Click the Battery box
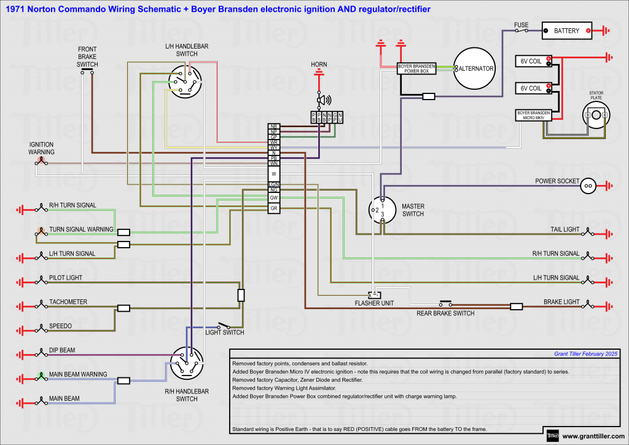566,30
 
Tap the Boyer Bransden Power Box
417,68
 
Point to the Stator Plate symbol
596,116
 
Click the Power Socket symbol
587,184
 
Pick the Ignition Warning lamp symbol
41,162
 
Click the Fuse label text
521,25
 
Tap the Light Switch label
224,333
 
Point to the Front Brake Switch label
87,57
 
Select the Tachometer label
68,302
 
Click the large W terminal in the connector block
274,174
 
